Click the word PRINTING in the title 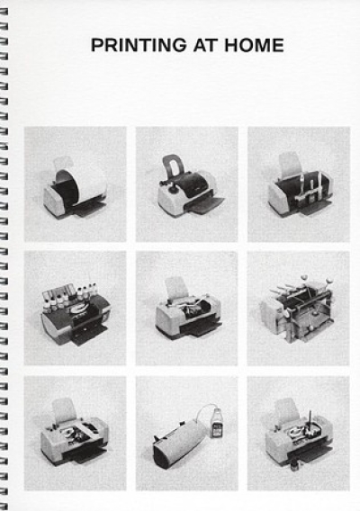tap(139, 45)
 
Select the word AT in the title tap(205, 45)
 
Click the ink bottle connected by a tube tap(215, 424)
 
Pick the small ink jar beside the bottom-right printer tap(293, 465)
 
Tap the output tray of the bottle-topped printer tap(88, 335)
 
